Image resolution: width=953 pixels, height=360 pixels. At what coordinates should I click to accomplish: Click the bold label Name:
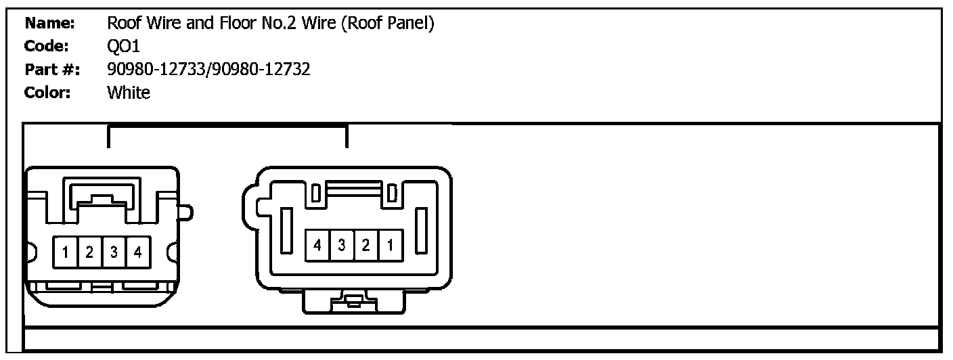[49, 24]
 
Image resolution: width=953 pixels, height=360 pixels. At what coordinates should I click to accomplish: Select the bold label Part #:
[52, 69]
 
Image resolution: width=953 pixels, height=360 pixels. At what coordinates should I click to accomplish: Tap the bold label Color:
[48, 93]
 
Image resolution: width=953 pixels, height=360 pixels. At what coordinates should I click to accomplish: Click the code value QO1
[124, 46]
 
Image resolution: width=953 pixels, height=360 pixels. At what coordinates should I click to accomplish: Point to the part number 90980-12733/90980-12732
[208, 69]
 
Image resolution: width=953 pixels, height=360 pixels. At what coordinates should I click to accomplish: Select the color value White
[129, 93]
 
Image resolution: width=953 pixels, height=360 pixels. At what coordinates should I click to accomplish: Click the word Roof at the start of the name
[122, 24]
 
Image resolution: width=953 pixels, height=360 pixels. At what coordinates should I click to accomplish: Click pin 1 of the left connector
[65, 254]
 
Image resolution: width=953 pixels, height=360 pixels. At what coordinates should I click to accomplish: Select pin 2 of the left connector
[89, 254]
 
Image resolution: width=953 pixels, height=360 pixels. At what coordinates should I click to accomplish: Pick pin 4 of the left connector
[137, 254]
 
